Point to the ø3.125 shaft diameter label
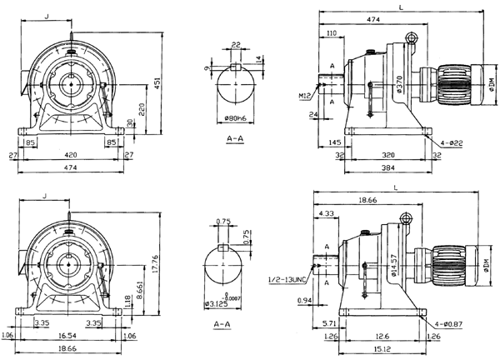(218, 303)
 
